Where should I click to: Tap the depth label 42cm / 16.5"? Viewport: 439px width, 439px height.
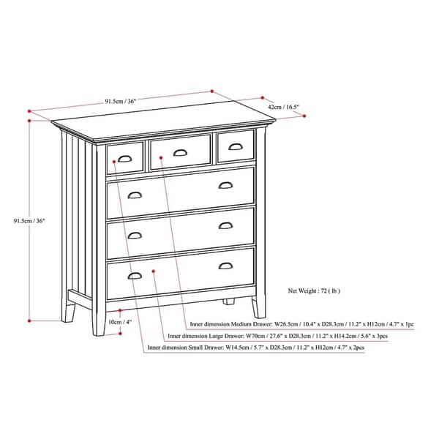tap(283, 106)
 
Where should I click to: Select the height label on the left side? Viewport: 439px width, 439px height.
tap(30, 220)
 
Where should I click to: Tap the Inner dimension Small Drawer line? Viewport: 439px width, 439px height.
tap(255, 348)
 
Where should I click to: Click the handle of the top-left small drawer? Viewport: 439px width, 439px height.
tap(124, 159)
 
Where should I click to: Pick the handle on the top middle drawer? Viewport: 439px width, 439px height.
tap(180, 152)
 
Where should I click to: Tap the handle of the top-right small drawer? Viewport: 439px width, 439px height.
tap(235, 147)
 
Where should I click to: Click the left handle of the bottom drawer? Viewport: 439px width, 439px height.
tap(135, 276)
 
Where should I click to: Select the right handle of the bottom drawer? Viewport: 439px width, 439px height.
tap(225, 266)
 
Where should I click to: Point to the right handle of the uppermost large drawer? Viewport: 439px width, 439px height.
tap(225, 186)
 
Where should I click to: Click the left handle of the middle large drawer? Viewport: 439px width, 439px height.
tap(135, 235)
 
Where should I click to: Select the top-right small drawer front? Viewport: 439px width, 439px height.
tap(236, 146)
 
